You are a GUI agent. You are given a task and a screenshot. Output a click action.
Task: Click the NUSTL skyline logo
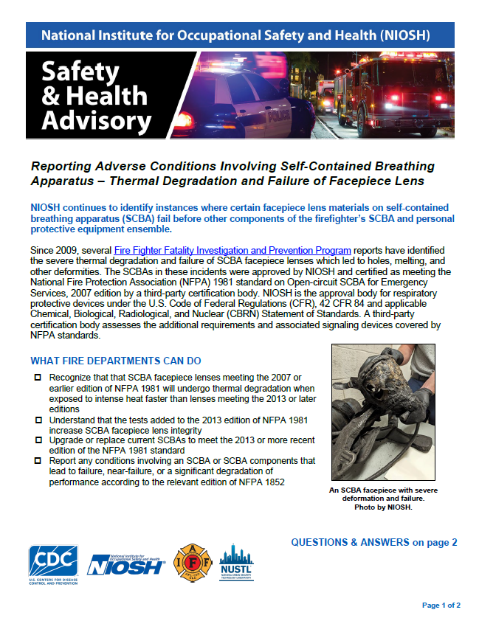pos(236,565)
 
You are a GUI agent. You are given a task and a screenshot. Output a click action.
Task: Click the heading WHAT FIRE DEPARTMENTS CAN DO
pos(116,361)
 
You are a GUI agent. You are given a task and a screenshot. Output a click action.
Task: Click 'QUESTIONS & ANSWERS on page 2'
pos(374,542)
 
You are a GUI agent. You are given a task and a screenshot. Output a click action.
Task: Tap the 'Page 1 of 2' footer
pos(441,606)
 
